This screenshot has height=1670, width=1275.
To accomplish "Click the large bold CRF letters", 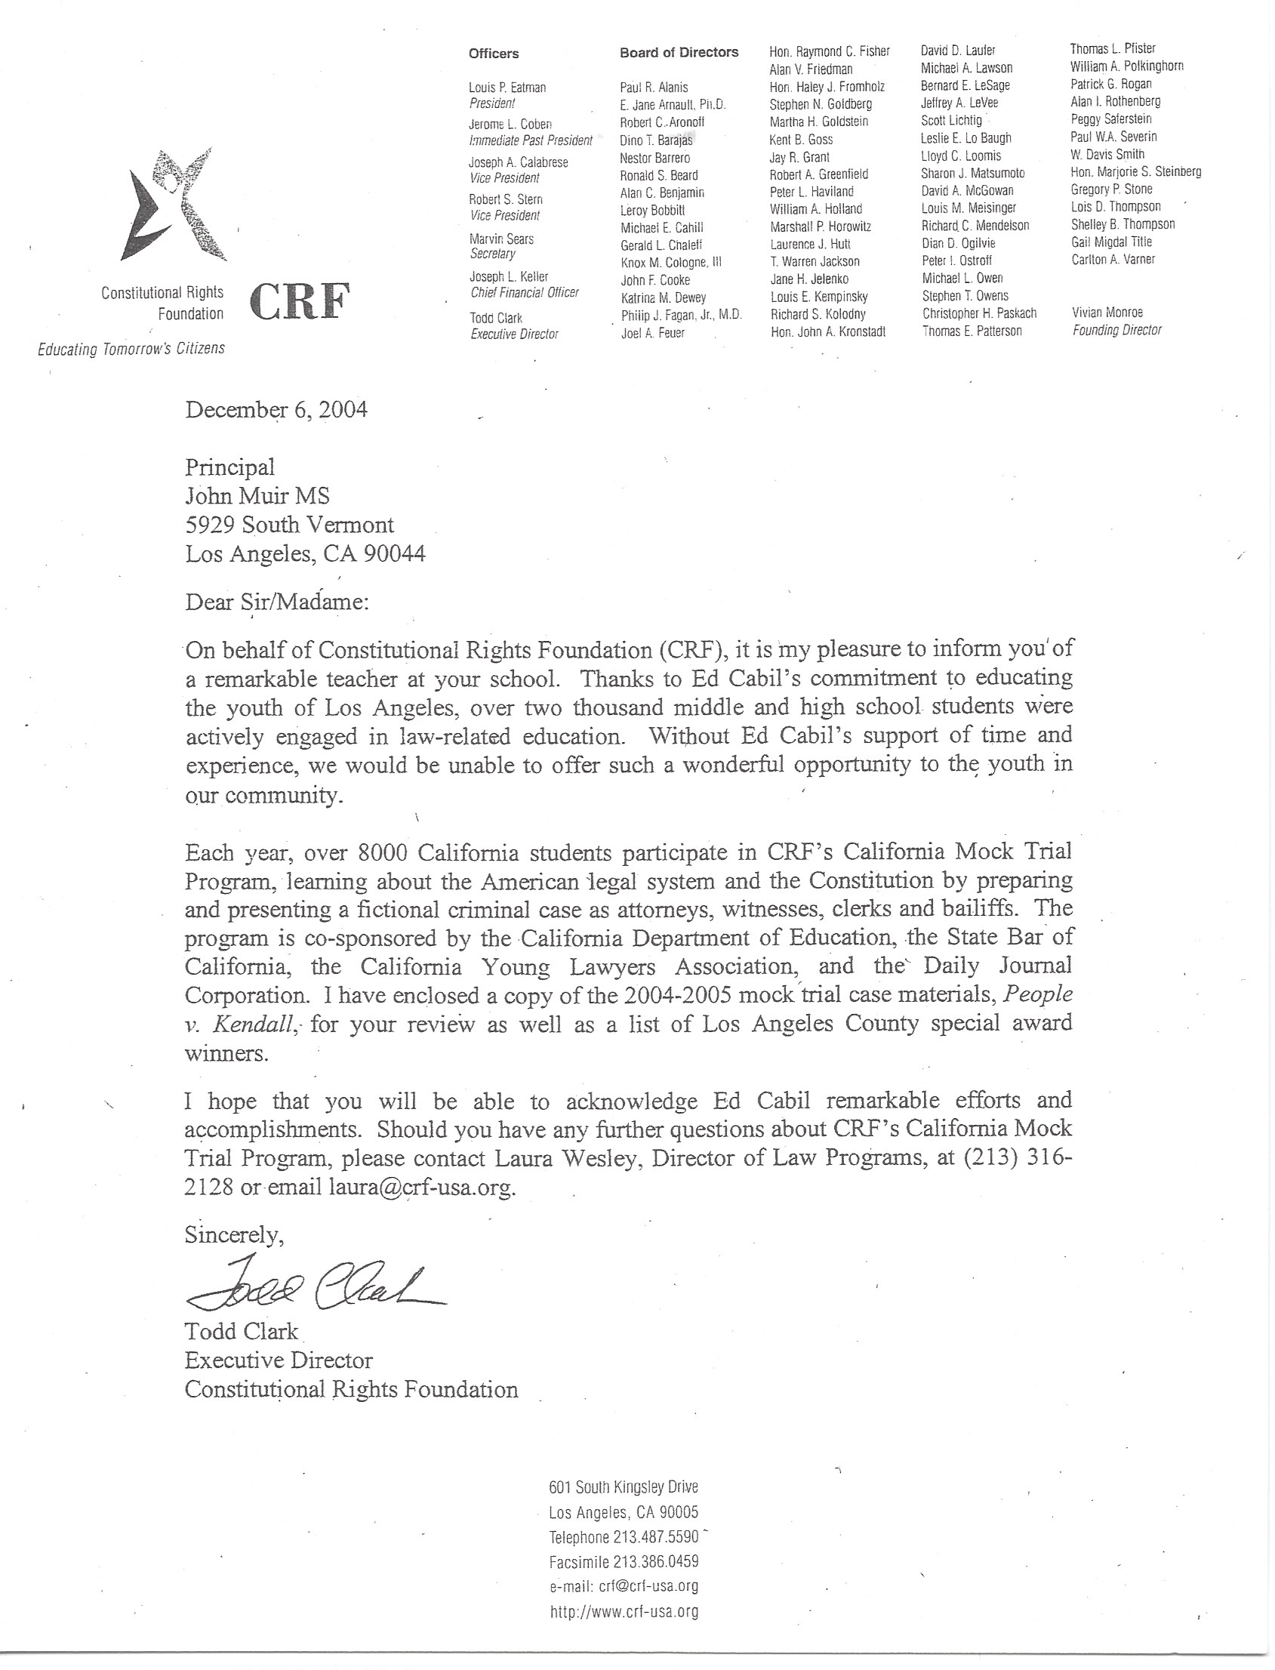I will tap(299, 301).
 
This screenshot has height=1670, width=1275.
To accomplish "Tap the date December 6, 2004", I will tap(276, 410).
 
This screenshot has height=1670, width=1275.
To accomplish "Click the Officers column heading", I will tap(493, 53).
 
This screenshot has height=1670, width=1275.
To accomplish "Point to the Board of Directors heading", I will tap(679, 52).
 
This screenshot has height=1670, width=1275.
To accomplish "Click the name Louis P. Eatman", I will tap(507, 88).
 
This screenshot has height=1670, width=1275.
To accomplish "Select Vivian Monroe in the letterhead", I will tap(1107, 313).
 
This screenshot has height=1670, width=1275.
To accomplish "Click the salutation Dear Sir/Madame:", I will tap(277, 602).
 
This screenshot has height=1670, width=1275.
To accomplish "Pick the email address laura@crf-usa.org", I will tap(422, 1188).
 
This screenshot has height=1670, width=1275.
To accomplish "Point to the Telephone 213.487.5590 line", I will tap(623, 1537).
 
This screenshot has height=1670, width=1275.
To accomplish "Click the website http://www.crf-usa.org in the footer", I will tap(624, 1612).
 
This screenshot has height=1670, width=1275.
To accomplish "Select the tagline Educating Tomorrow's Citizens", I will tap(131, 349).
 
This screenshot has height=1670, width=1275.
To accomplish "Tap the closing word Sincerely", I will tap(234, 1235).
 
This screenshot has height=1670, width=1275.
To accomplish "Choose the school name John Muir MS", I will tap(258, 497).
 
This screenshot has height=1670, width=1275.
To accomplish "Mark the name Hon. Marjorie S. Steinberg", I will tap(1135, 171).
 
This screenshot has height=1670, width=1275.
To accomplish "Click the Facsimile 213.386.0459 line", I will tap(623, 1561).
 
